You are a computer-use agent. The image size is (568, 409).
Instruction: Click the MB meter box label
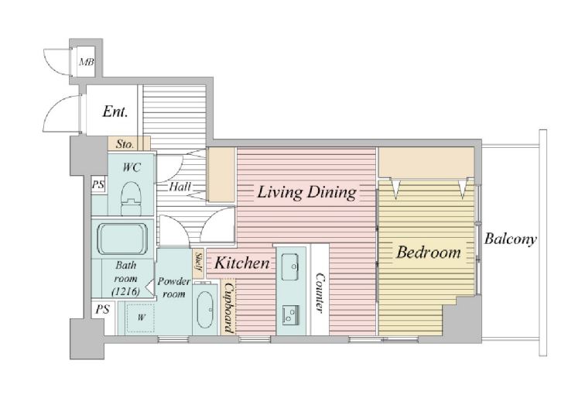tap(87, 62)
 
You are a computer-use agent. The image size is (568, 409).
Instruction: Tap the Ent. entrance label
tap(115, 112)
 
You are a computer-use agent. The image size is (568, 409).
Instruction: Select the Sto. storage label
tap(125, 144)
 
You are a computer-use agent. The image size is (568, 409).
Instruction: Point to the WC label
tap(132, 167)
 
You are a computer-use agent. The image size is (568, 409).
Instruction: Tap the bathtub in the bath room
tap(123, 239)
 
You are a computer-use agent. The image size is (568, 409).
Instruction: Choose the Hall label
tap(180, 187)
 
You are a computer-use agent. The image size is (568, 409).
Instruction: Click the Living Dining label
tap(306, 192)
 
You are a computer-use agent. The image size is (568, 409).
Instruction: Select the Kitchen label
tap(242, 263)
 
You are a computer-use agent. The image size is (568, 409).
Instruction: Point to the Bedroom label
tap(429, 253)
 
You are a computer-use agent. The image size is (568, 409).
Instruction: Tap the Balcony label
tap(511, 239)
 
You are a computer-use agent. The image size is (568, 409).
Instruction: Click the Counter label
tap(320, 292)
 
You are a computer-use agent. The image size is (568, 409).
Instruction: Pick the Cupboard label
tap(228, 308)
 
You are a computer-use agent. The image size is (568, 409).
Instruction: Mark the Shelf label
tap(199, 262)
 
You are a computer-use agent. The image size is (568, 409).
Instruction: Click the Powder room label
tap(174, 287)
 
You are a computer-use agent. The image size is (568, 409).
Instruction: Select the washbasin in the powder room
tap(205, 309)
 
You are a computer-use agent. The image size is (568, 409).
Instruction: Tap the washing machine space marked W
tap(141, 318)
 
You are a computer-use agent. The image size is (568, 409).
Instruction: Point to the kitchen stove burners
tap(290, 315)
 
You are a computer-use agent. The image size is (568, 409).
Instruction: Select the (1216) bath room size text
tap(125, 291)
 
